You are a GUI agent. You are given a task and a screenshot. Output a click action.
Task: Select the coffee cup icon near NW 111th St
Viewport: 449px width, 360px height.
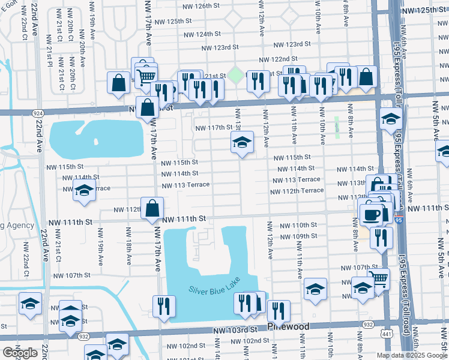coord(372,214)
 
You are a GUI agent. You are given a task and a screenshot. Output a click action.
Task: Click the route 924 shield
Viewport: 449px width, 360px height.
coord(38,113)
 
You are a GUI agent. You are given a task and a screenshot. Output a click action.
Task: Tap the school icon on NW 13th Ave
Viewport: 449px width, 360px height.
coord(242,143)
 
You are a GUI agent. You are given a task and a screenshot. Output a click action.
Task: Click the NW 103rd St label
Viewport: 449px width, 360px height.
coord(237,331)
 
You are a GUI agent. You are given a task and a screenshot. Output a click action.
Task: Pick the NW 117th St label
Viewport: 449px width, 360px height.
coord(214,127)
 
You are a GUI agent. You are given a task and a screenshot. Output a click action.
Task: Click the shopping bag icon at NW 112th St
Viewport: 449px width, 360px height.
coord(153,209)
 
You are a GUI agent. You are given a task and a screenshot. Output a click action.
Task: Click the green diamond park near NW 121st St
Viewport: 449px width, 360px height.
coord(236,76)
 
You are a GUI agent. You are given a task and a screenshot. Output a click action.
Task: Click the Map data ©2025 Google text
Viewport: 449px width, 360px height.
coord(412,355)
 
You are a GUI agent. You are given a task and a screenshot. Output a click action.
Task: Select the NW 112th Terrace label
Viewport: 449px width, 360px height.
coord(297,191)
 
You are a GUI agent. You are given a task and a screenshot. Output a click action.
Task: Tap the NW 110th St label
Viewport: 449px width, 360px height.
coord(298,225)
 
